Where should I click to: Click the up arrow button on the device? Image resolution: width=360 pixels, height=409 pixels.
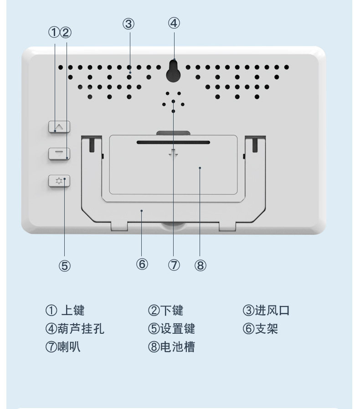[60, 126]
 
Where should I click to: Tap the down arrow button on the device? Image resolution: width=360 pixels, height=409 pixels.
[60, 153]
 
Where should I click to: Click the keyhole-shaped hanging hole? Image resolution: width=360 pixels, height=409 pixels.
[173, 71]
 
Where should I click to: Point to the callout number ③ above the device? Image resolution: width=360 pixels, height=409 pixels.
[129, 24]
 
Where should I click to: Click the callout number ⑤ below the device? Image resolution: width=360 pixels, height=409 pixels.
[65, 266]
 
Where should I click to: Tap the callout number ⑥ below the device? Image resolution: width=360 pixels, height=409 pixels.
[142, 264]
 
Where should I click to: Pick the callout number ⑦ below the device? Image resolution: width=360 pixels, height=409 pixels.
[174, 264]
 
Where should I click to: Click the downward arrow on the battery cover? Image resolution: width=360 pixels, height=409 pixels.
[173, 154]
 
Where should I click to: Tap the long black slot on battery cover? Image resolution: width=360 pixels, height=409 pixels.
[173, 142]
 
